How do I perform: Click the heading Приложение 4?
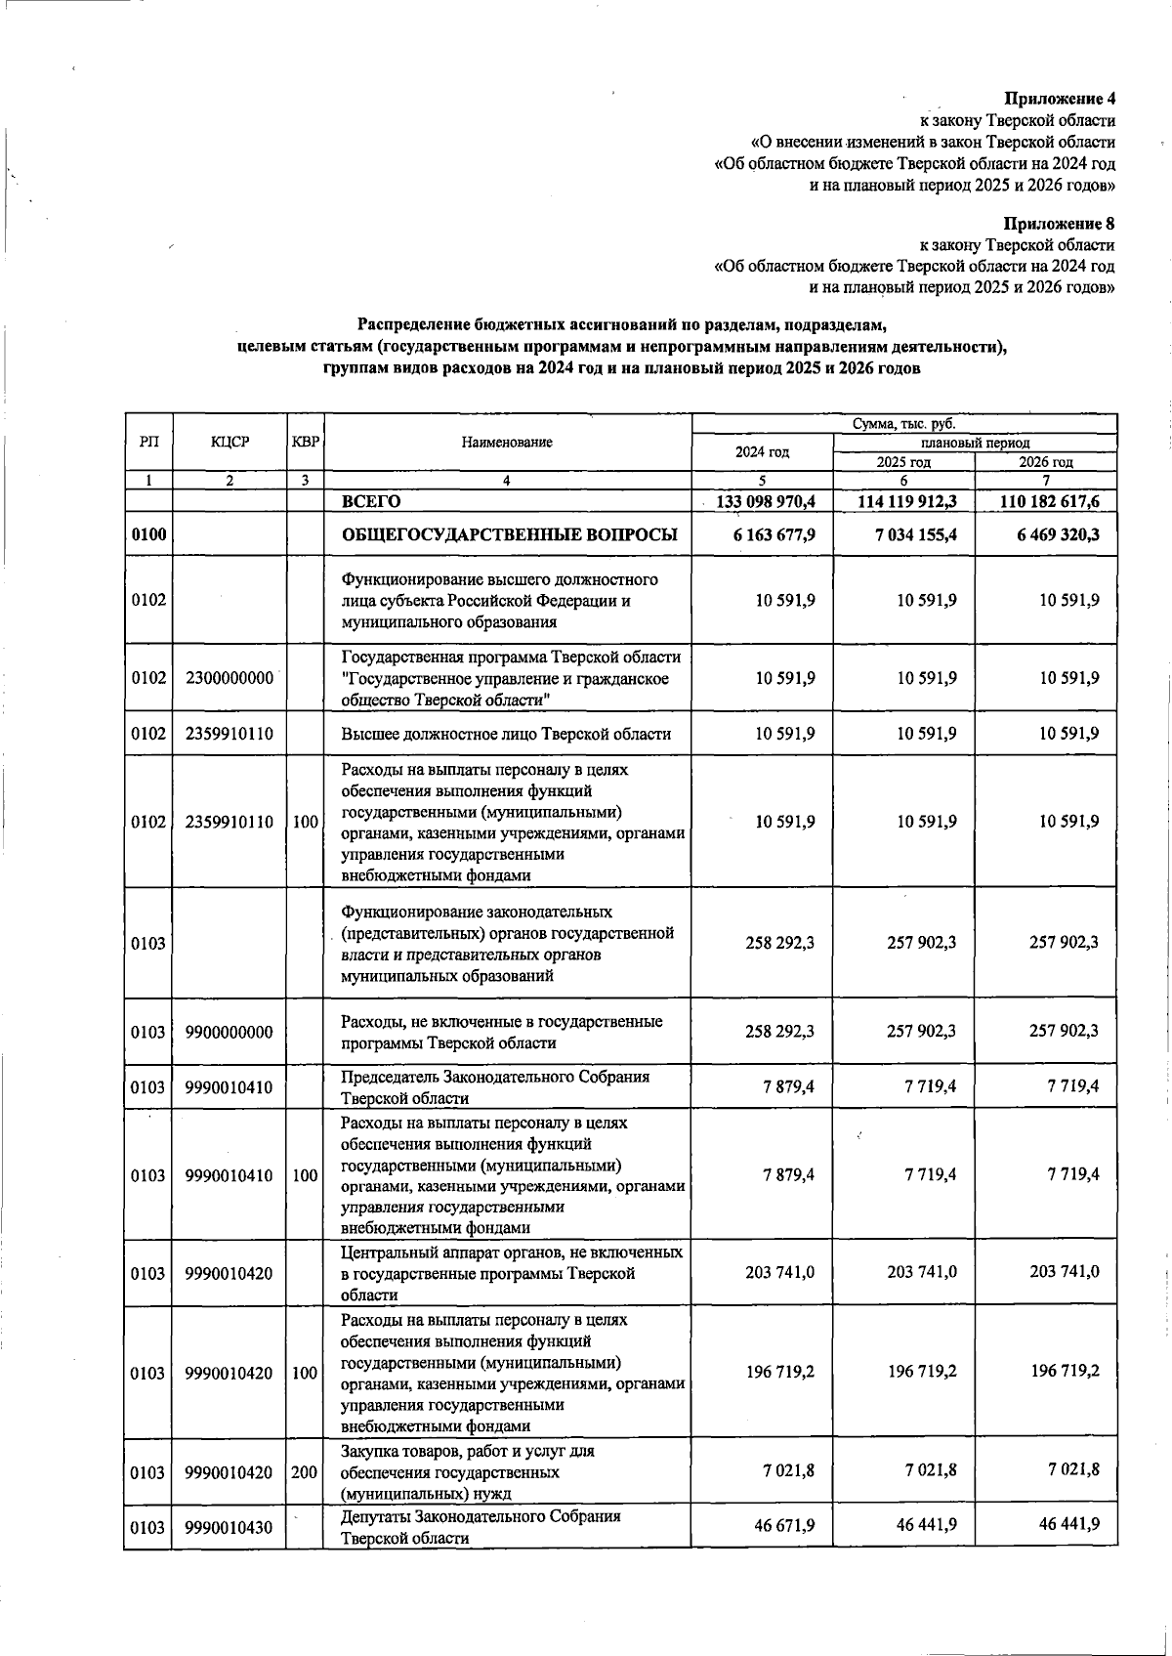[1060, 99]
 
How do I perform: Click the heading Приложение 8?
[1060, 224]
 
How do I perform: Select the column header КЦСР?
[230, 442]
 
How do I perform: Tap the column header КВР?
[305, 442]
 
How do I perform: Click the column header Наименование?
[507, 442]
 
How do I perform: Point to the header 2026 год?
[1045, 462]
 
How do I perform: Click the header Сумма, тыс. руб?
[903, 423]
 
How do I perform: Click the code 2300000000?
[229, 678]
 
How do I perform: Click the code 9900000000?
[229, 1032]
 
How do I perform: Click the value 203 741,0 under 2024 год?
[779, 1271]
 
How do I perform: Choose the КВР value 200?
[305, 1471]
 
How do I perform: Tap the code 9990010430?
[229, 1528]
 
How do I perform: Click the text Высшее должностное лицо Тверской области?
[506, 734]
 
